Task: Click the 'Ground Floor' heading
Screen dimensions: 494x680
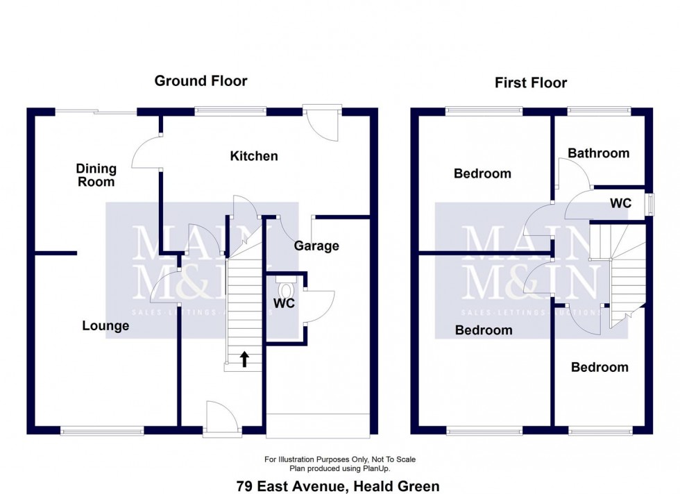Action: pyautogui.click(x=201, y=81)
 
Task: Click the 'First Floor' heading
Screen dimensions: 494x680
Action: pyautogui.click(x=530, y=83)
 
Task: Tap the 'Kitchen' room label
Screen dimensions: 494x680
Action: pyautogui.click(x=254, y=156)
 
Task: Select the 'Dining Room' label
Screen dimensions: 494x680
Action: pyautogui.click(x=96, y=175)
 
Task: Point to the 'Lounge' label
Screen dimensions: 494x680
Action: pyautogui.click(x=105, y=325)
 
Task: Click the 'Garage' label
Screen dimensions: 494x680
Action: pyautogui.click(x=316, y=246)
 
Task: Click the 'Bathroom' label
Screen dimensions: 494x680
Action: pyautogui.click(x=598, y=153)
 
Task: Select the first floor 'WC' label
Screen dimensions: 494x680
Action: pyautogui.click(x=620, y=203)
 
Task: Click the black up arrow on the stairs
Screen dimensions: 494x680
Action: pyautogui.click(x=244, y=358)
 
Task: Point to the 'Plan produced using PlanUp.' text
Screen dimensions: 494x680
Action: pyautogui.click(x=340, y=468)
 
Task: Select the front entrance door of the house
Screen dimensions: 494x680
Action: pyautogui.click(x=222, y=420)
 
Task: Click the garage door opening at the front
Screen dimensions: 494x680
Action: pyautogui.click(x=318, y=425)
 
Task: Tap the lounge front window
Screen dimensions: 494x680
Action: pyautogui.click(x=103, y=431)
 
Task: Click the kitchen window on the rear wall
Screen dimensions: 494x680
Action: pyautogui.click(x=230, y=110)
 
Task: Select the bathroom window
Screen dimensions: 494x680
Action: pyautogui.click(x=599, y=110)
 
